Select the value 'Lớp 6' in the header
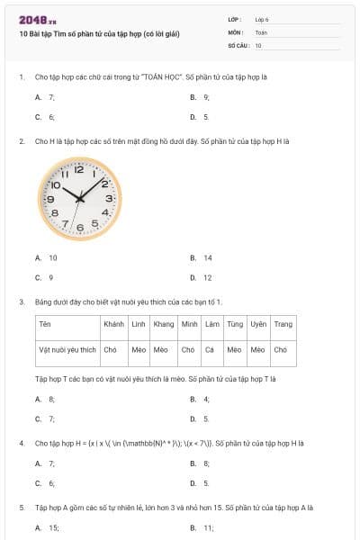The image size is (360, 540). point(262,18)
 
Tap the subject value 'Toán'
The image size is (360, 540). point(261,31)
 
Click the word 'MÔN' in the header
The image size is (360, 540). point(235,31)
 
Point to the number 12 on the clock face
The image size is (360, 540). point(79,168)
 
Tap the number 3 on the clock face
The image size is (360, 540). point(109,198)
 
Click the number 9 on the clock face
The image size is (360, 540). point(51,199)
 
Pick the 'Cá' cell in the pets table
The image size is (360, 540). point(210,348)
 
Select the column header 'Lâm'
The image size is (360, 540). point(211,324)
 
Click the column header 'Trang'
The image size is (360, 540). point(283,324)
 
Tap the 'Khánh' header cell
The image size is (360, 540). point(114,324)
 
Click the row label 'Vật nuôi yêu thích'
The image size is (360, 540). point(67,348)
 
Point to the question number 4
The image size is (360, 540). point(22,444)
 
